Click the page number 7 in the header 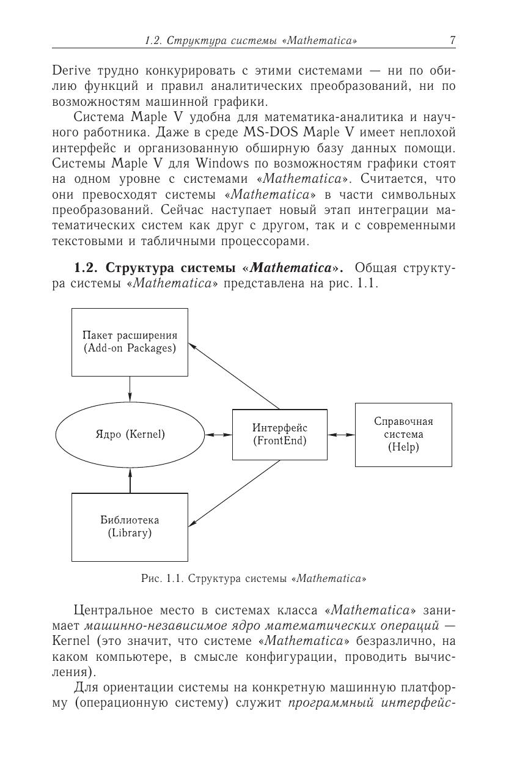pyautogui.click(x=452, y=41)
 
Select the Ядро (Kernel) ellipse pyautogui.click(x=130, y=435)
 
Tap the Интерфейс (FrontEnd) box pyautogui.click(x=279, y=434)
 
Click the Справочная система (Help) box pyautogui.click(x=403, y=435)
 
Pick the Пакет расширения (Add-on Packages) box pyautogui.click(x=130, y=342)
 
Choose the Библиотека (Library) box pyautogui.click(x=130, y=526)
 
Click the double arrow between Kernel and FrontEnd pyautogui.click(x=218, y=435)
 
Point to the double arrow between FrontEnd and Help pyautogui.click(x=341, y=435)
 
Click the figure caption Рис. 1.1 pyautogui.click(x=254, y=578)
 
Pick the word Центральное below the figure pyautogui.click(x=113, y=610)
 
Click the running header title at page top pyautogui.click(x=251, y=41)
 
